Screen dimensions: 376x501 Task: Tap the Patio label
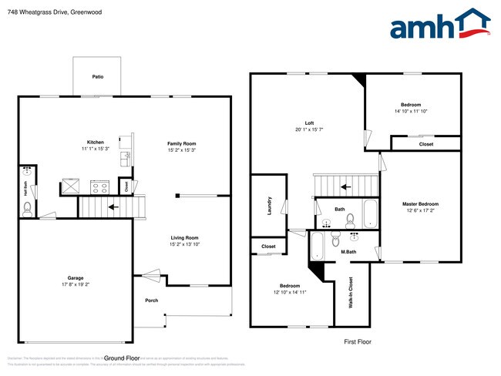tap(98, 77)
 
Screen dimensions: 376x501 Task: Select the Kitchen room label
tap(95, 143)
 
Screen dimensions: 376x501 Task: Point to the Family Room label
tap(182, 143)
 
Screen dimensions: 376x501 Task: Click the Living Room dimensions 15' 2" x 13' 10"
tap(184, 244)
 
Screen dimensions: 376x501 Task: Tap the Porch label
tap(151, 300)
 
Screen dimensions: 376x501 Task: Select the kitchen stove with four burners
tap(100, 186)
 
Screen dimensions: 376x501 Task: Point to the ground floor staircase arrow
tap(113, 206)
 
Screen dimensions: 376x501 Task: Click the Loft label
tap(309, 123)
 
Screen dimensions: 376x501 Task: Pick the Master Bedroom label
tap(420, 204)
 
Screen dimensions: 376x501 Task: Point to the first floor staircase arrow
tap(346, 186)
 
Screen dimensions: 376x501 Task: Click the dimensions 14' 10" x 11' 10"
tap(411, 111)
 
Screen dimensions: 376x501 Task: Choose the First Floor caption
tap(357, 341)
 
